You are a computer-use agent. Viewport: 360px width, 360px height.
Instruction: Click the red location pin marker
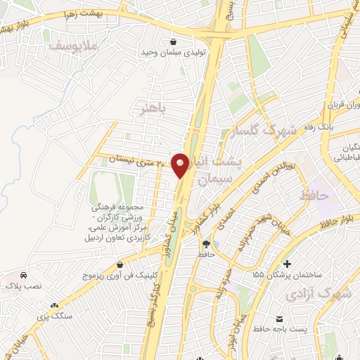click(x=181, y=165)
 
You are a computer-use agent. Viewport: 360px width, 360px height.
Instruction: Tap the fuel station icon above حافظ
click(x=205, y=243)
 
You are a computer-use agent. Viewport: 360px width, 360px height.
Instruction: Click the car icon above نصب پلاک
click(x=25, y=275)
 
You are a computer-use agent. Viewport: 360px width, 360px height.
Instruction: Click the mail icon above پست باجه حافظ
click(x=288, y=298)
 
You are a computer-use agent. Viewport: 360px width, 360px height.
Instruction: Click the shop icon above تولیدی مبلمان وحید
click(x=173, y=41)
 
